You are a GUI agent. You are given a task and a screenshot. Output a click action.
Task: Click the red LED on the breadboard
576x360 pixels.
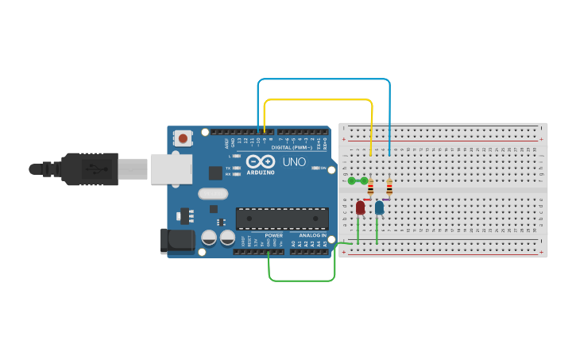pyautogui.click(x=360, y=207)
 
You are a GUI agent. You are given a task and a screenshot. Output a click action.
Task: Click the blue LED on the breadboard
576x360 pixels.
pyautogui.click(x=379, y=207)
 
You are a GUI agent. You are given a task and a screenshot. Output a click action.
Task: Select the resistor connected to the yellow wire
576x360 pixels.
pyautogui.click(x=371, y=188)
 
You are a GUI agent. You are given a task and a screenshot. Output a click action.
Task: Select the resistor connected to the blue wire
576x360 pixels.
pyautogui.click(x=389, y=188)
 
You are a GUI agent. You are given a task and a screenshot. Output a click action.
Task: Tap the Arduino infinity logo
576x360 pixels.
pyautogui.click(x=261, y=161)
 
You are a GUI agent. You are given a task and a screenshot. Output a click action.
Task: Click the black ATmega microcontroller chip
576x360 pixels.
pyautogui.click(x=282, y=219)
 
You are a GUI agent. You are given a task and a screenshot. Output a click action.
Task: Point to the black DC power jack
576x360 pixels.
pyautogui.click(x=176, y=242)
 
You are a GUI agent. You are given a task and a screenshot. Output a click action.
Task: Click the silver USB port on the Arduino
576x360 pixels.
pyautogui.click(x=172, y=168)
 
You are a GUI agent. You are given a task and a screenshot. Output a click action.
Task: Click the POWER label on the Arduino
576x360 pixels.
pyautogui.click(x=273, y=235)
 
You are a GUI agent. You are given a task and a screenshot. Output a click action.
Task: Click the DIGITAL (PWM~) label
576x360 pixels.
pyautogui.click(x=291, y=147)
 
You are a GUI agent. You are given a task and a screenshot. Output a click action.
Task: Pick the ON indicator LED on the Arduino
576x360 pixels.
pyautogui.click(x=316, y=168)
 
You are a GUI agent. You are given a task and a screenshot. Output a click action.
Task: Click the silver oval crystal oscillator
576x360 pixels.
pyautogui.click(x=213, y=193)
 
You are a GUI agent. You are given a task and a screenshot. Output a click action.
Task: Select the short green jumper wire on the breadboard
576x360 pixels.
pyautogui.click(x=358, y=181)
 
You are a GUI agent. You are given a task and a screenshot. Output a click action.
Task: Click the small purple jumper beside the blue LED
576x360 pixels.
pyautogui.click(x=385, y=199)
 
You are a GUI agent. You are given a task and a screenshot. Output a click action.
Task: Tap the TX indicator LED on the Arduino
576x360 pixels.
pyautogui.click(x=237, y=168)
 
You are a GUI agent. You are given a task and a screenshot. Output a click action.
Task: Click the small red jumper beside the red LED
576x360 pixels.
pyautogui.click(x=366, y=199)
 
